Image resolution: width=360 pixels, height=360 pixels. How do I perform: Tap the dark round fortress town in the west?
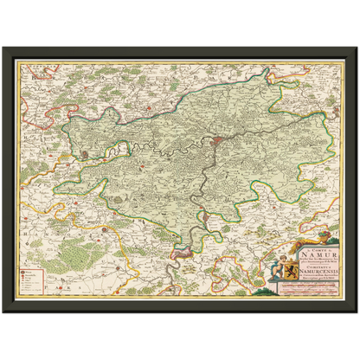coord(87,154)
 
